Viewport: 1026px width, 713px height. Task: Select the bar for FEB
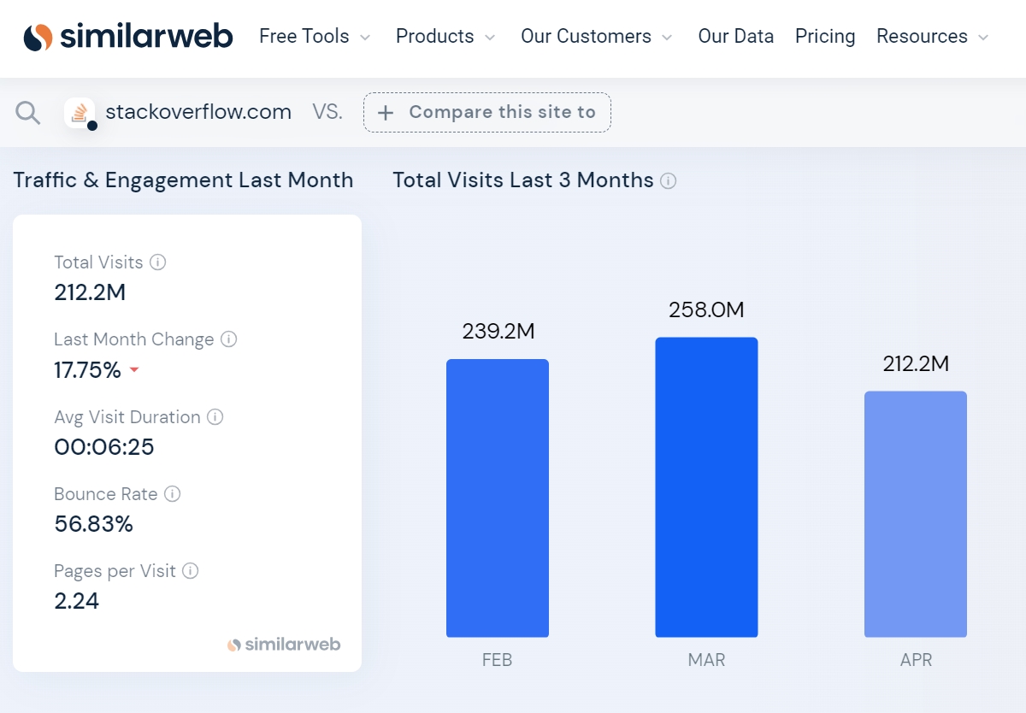(x=497, y=498)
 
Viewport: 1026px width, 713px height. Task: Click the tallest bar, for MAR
(x=706, y=487)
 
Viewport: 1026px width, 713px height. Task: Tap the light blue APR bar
(x=915, y=514)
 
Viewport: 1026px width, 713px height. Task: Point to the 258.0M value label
(x=706, y=309)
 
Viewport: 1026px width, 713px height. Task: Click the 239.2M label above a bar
(x=498, y=331)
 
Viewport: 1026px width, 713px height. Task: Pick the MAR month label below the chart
(x=706, y=660)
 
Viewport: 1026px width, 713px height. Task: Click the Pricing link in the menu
(x=825, y=37)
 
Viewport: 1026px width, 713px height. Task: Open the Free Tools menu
(x=315, y=37)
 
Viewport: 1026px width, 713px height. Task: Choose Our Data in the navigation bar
(x=735, y=37)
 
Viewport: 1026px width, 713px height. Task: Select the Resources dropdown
(x=932, y=37)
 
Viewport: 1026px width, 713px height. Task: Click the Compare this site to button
(x=487, y=112)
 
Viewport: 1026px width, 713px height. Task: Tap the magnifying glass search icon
(x=28, y=113)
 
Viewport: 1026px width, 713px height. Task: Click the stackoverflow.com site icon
(x=80, y=113)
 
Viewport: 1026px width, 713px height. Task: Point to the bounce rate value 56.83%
(x=93, y=524)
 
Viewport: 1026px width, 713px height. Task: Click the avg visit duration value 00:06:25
(x=103, y=447)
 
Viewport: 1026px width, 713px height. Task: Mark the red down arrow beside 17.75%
(x=134, y=371)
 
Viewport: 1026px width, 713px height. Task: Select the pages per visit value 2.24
(x=76, y=601)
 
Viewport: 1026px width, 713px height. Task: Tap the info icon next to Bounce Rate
(x=173, y=494)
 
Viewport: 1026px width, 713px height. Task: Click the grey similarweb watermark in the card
(x=284, y=645)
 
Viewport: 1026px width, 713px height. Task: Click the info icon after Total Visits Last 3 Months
(x=669, y=181)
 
